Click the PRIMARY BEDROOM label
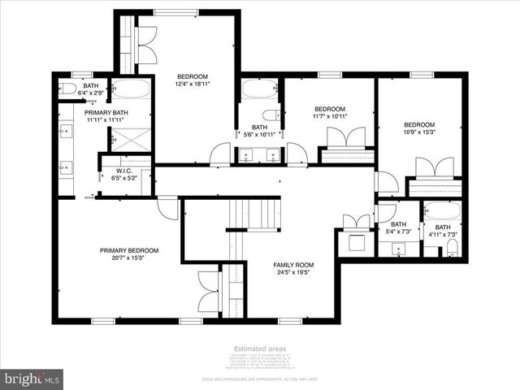tap(129, 250)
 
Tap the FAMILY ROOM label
tap(292, 265)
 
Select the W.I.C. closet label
tap(123, 171)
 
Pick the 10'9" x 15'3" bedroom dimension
tap(420, 132)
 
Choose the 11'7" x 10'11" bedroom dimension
tap(330, 116)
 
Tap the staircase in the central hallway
tap(253, 213)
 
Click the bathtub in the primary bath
tap(131, 88)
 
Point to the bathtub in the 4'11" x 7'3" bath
tap(442, 210)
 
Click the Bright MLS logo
tap(32, 378)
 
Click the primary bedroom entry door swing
tap(167, 209)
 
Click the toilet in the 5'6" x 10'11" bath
tap(271, 114)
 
